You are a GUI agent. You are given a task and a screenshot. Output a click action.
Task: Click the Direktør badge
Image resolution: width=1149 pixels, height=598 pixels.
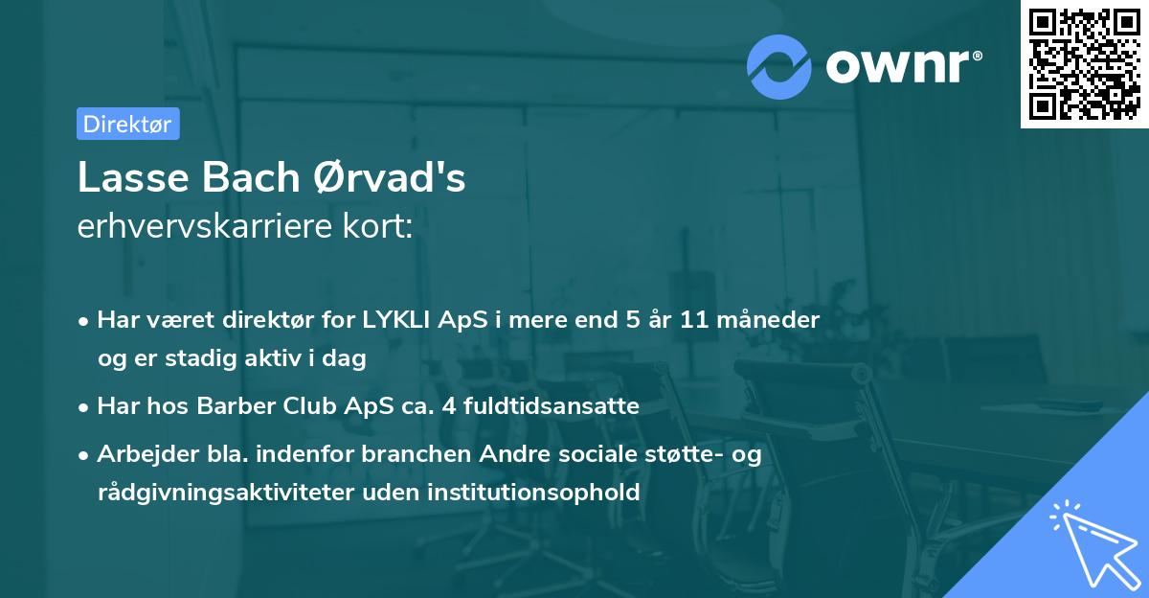[x=127, y=124]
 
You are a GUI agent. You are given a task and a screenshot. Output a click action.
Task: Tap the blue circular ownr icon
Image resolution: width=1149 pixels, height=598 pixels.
[x=779, y=66]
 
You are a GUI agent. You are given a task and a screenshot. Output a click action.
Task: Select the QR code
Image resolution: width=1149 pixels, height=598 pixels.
[x=1084, y=63]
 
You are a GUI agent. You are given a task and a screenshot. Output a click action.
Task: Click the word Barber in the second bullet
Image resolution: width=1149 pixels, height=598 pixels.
[x=233, y=406]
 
